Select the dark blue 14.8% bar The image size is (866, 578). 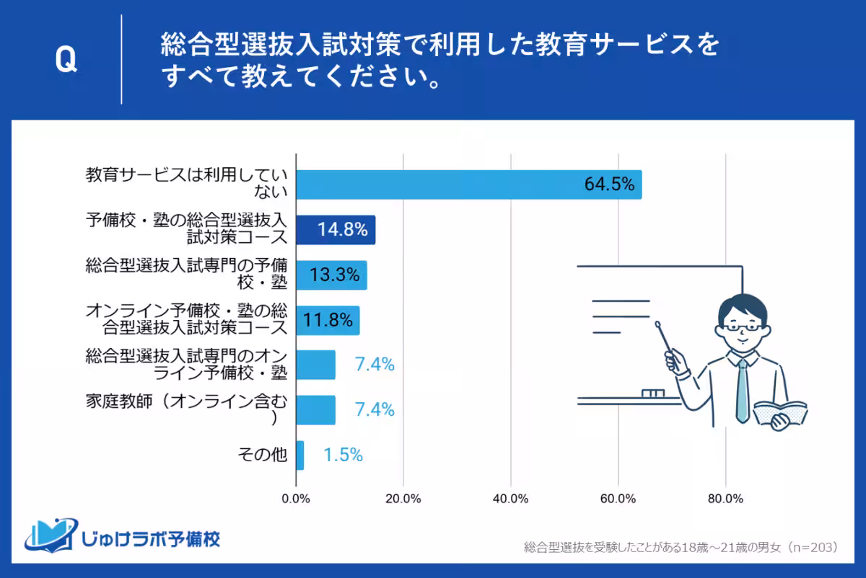click(x=336, y=230)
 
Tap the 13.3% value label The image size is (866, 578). click(x=331, y=275)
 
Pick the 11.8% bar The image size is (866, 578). click(x=328, y=320)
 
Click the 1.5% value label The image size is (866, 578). click(x=343, y=455)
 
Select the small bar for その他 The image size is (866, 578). click(x=299, y=455)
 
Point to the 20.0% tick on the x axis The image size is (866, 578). click(x=403, y=499)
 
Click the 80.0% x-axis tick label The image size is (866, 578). click(x=725, y=499)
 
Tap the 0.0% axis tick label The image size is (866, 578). click(x=296, y=499)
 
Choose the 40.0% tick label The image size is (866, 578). click(x=510, y=499)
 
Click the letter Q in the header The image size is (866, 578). click(x=66, y=61)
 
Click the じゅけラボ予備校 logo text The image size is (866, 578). click(x=152, y=538)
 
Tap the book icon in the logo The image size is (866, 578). click(x=51, y=535)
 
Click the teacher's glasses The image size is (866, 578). click(x=743, y=326)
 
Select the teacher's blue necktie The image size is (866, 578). click(x=742, y=389)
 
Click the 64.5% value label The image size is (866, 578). click(x=609, y=184)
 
